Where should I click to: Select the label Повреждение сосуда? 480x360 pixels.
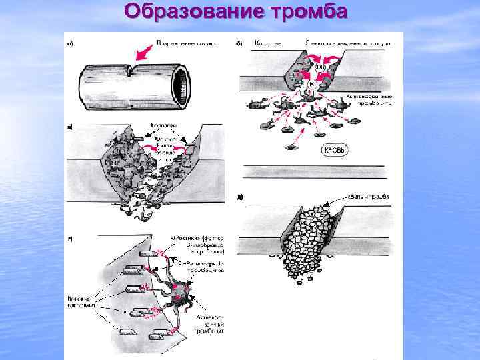tap(176, 44)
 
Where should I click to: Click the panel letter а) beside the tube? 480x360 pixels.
tap(70, 45)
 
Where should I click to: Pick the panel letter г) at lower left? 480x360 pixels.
tap(70, 238)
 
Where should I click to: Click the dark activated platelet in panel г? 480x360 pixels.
tap(179, 294)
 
